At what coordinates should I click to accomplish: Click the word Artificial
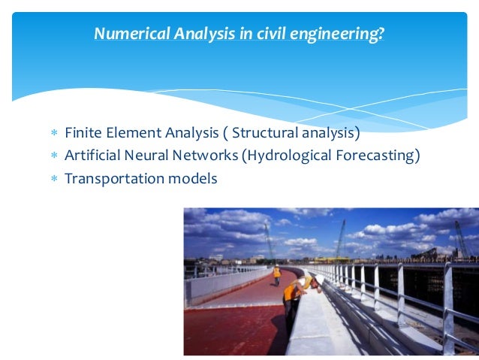pos(93,156)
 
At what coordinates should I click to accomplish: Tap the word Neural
pos(150,156)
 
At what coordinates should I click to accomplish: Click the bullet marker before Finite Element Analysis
pos(53,135)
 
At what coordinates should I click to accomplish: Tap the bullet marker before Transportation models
pos(53,180)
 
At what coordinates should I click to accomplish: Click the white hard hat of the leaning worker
pos(302,281)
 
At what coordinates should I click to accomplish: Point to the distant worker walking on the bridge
pos(276,274)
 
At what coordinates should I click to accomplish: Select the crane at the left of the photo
pos(268,240)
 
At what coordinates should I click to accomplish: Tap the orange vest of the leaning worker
pos(290,292)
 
